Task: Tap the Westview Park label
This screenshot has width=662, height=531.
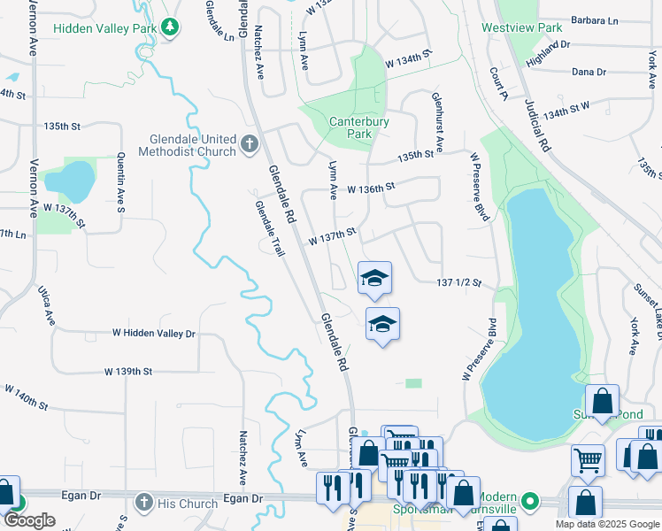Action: click(x=521, y=27)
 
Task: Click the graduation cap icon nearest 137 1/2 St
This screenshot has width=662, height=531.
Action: click(x=374, y=280)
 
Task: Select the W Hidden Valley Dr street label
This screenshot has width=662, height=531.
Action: click(x=153, y=334)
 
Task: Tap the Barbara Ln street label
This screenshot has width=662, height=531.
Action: click(x=595, y=19)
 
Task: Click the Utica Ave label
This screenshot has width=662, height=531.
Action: click(x=45, y=304)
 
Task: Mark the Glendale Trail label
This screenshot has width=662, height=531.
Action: click(x=266, y=225)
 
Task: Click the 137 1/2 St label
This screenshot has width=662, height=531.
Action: click(x=458, y=283)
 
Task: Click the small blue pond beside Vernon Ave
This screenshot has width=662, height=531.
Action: click(x=69, y=181)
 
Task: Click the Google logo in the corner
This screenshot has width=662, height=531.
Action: click(x=28, y=520)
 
